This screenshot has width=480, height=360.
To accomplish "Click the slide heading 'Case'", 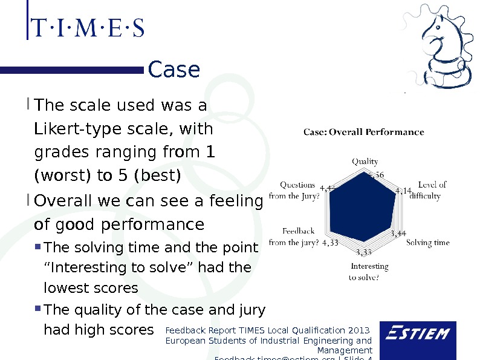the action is pyautogui.click(x=174, y=70).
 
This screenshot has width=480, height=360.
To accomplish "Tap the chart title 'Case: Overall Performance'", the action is pyautogui.click(x=363, y=132).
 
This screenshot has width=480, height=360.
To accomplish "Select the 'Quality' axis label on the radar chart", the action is pyautogui.click(x=365, y=162).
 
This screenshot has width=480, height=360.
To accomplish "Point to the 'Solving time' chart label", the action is pyautogui.click(x=428, y=243).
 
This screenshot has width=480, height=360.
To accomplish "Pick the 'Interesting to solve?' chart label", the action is pyautogui.click(x=369, y=272).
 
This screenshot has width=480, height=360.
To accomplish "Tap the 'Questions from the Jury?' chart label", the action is pyautogui.click(x=294, y=190).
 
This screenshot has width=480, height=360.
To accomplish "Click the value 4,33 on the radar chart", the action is pyautogui.click(x=330, y=243).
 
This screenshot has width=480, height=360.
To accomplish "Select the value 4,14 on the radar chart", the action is pyautogui.click(x=403, y=191).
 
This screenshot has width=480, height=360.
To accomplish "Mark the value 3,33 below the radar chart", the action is pyautogui.click(x=364, y=252).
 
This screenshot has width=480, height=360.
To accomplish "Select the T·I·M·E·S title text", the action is pyautogui.click(x=87, y=28).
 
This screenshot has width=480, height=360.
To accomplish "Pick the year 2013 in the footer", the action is pyautogui.click(x=358, y=330).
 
